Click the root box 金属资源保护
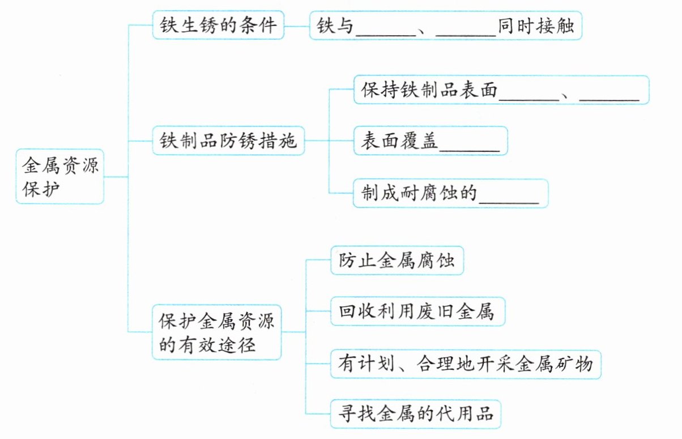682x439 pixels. [x=60, y=176]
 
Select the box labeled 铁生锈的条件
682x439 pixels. [x=218, y=25]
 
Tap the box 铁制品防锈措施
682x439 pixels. [x=228, y=141]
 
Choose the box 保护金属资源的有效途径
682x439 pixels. [x=217, y=332]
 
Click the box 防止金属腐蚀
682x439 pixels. [x=397, y=260]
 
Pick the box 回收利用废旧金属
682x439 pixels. [x=417, y=311]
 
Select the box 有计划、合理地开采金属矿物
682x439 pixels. [x=466, y=364]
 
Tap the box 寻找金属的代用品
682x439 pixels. [x=416, y=414]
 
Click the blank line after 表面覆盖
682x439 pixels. [x=470, y=151]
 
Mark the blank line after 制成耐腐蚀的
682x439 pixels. [x=509, y=202]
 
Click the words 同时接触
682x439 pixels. [x=536, y=26]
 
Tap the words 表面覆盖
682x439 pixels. [x=399, y=141]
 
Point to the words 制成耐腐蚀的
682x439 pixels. [x=419, y=193]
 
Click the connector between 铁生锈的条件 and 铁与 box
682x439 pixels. [x=297, y=26]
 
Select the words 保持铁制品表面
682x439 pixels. [x=429, y=90]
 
